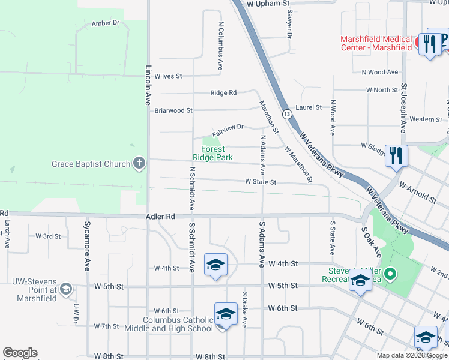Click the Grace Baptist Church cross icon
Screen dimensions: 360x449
pyautogui.click(x=139, y=163)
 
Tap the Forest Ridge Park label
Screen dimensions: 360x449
pyautogui.click(x=212, y=153)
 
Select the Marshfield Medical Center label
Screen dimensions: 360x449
pyautogui.click(x=376, y=43)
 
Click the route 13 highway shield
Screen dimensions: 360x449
pyautogui.click(x=288, y=113)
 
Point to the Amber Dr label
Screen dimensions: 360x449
pyautogui.click(x=106, y=23)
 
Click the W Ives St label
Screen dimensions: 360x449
pyautogui.click(x=168, y=76)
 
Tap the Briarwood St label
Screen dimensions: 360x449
pyautogui.click(x=173, y=110)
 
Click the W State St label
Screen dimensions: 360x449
pyautogui.click(x=260, y=182)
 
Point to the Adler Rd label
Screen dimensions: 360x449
pyautogui.click(x=160, y=216)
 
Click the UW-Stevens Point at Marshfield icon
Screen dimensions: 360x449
pyautogui.click(x=65, y=290)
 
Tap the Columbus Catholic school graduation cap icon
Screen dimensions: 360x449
pyautogui.click(x=226, y=314)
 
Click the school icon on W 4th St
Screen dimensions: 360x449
pyautogui.click(x=215, y=265)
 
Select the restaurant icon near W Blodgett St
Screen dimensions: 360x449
pyautogui.click(x=396, y=156)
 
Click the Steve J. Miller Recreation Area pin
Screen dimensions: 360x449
pyautogui.click(x=390, y=275)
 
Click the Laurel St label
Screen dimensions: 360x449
pyautogui.click(x=309, y=107)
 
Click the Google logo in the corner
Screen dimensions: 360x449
pyautogui.click(x=20, y=353)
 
